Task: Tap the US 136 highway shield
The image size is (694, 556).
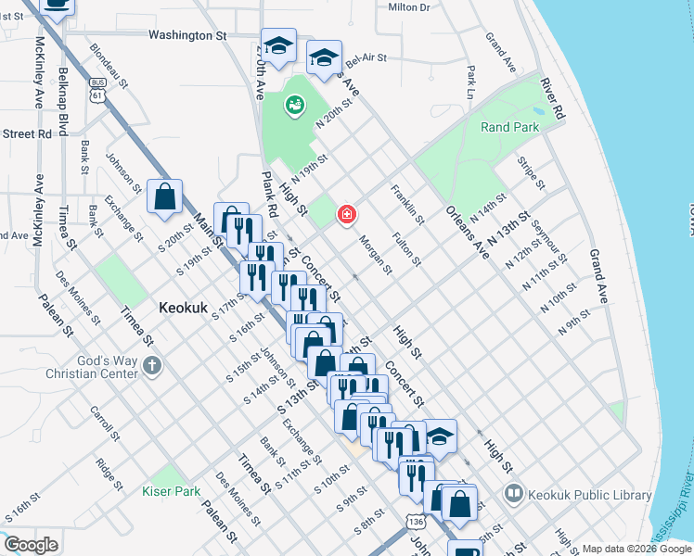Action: pyautogui.click(x=413, y=524)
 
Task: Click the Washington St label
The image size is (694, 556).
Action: pyautogui.click(x=187, y=35)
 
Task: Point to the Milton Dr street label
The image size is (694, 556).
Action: pyautogui.click(x=409, y=6)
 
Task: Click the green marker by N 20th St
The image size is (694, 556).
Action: pyautogui.click(x=295, y=106)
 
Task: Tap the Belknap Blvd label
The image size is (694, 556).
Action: pyautogui.click(x=63, y=97)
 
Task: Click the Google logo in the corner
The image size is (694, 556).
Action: pyautogui.click(x=31, y=544)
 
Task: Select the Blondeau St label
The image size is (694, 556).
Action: pyautogui.click(x=108, y=61)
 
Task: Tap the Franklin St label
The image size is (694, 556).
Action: pyautogui.click(x=407, y=206)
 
